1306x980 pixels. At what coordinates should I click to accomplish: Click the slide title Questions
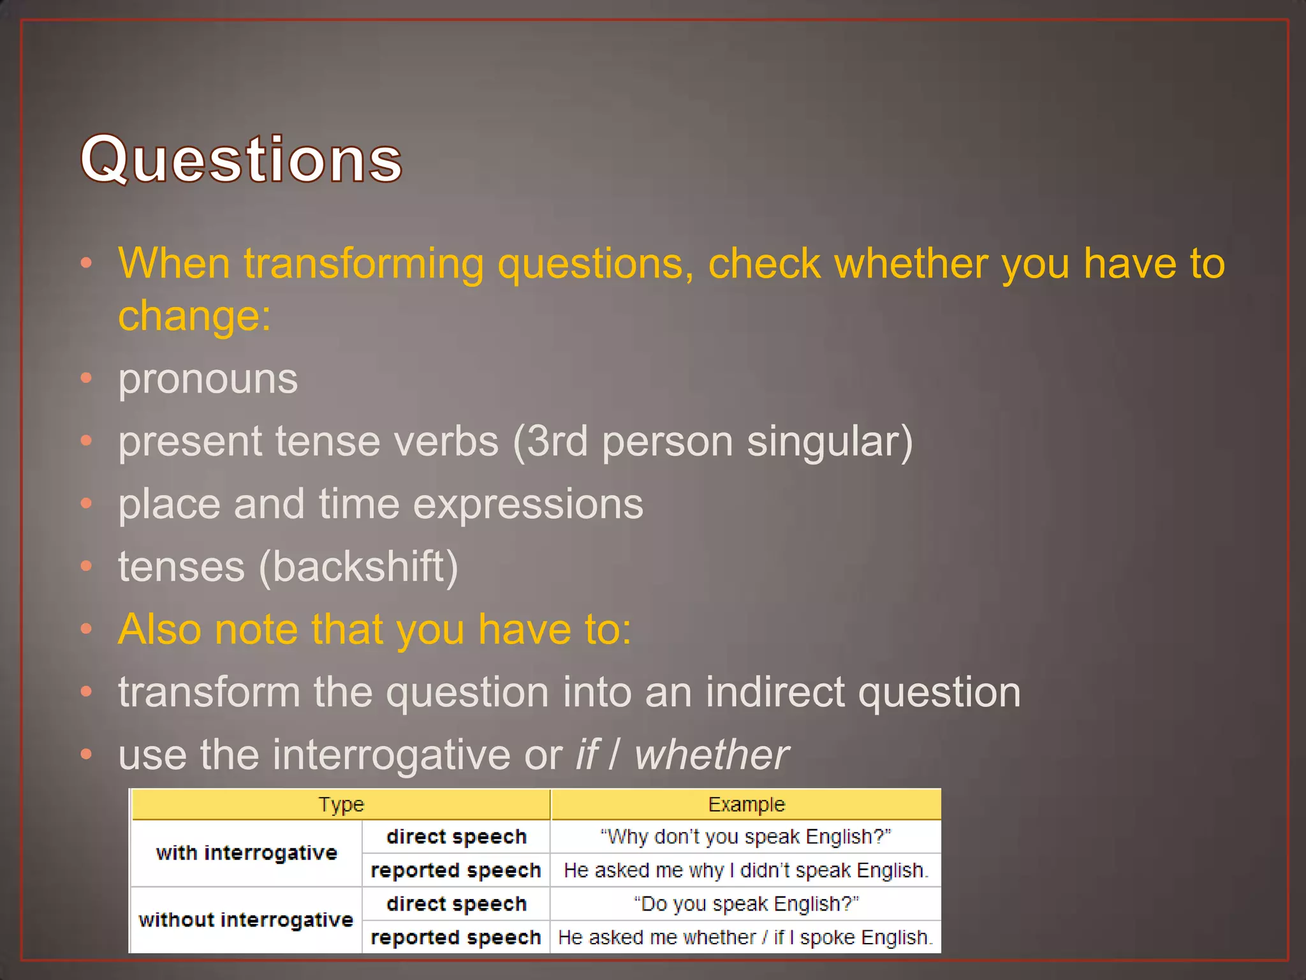(x=241, y=160)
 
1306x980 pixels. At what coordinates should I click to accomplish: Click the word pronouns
(x=208, y=379)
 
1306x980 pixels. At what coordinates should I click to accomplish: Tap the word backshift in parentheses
(x=358, y=567)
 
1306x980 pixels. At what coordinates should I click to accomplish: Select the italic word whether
(x=711, y=755)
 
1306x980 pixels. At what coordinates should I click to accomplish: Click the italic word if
(x=587, y=755)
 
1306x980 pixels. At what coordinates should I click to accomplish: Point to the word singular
(x=829, y=442)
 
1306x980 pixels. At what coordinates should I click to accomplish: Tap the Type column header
(x=341, y=805)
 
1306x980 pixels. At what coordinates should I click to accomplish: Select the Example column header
(x=746, y=805)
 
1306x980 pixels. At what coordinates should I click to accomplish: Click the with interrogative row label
(x=246, y=853)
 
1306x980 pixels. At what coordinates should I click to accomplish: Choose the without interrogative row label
(x=246, y=920)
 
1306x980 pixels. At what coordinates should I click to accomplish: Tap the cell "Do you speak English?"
(x=745, y=904)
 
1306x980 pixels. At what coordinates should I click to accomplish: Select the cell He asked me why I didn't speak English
(x=745, y=870)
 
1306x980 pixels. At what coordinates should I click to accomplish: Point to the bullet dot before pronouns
(x=87, y=378)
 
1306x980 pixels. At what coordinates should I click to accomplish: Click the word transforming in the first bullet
(x=363, y=264)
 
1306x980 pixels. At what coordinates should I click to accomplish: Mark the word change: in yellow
(x=194, y=316)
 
